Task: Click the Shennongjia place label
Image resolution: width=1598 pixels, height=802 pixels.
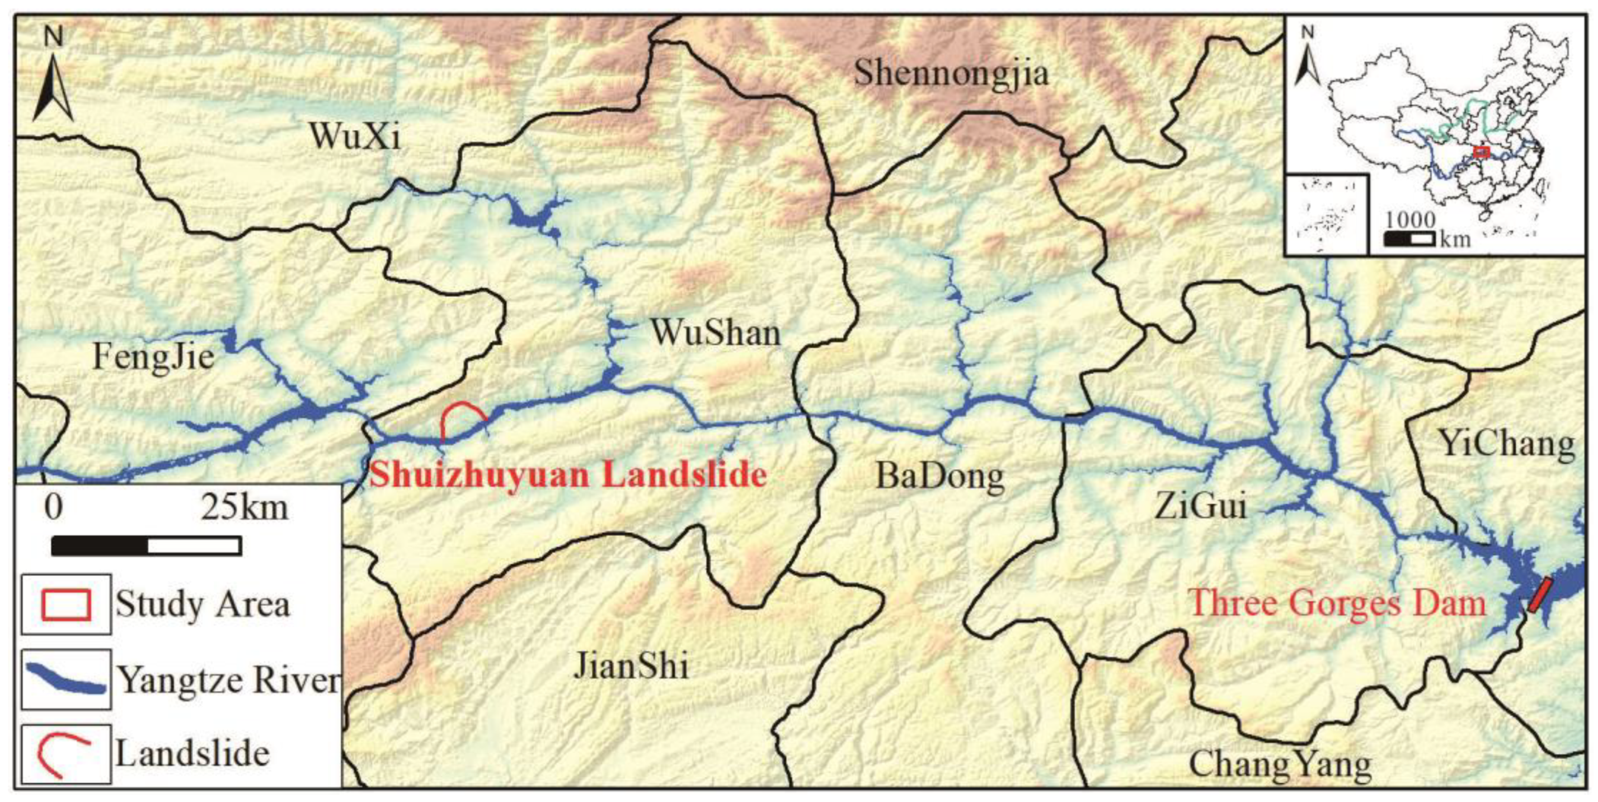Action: (952, 74)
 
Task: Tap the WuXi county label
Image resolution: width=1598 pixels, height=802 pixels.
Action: (355, 136)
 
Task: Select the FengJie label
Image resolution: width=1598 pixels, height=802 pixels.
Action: (153, 357)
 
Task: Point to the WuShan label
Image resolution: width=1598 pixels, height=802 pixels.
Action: (715, 333)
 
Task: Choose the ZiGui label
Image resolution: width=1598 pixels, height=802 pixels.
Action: (1200, 506)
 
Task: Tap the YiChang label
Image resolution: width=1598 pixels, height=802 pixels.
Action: (1507, 443)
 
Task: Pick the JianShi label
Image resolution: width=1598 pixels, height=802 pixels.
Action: (631, 666)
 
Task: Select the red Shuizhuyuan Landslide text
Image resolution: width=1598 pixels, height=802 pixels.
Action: (568, 475)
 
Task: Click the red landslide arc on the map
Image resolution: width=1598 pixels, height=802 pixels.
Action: (462, 413)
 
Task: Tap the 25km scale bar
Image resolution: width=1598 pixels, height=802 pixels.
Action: (147, 545)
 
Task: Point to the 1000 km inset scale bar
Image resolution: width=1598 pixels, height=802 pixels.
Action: (1409, 239)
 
